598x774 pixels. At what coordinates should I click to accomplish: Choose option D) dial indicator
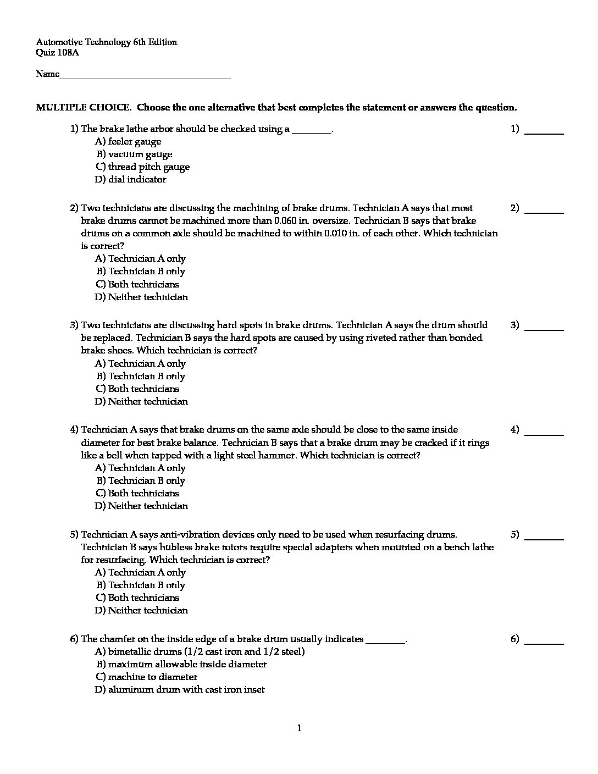coord(130,179)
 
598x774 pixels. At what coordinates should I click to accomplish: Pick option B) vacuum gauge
coord(134,154)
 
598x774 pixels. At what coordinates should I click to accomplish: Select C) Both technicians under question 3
coord(137,389)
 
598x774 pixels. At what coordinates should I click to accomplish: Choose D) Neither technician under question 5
coord(141,610)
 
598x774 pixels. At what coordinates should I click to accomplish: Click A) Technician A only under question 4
coord(140,468)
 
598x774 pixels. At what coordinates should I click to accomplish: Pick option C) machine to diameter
coord(146,677)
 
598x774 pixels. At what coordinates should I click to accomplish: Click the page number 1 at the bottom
coord(299,728)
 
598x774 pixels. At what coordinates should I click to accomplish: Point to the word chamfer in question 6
coord(117,639)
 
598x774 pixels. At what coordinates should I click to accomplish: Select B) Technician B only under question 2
coord(140,271)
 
